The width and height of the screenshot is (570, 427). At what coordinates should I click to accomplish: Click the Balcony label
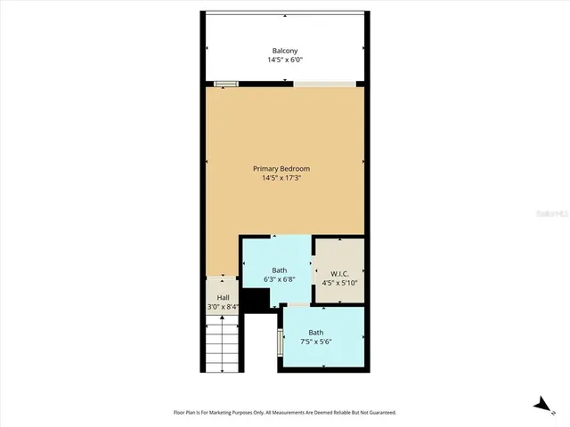tap(284, 51)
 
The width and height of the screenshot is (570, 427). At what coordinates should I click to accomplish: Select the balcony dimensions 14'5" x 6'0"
tap(284, 60)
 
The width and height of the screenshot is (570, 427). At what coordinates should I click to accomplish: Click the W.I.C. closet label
tap(338, 274)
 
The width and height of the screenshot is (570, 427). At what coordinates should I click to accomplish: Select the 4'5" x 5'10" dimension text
tap(338, 284)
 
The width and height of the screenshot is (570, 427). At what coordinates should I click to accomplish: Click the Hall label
tap(223, 298)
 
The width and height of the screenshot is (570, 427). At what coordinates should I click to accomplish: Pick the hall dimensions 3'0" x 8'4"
tap(223, 308)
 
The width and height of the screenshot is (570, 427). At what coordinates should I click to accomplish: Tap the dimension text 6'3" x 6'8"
tap(280, 279)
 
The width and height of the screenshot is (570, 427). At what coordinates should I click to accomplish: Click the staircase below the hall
tap(223, 347)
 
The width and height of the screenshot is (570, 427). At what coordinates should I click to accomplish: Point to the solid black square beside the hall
tap(256, 302)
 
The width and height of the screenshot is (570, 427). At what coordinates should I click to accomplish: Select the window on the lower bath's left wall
tap(281, 342)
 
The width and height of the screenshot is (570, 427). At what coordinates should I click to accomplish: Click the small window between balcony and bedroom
tap(226, 85)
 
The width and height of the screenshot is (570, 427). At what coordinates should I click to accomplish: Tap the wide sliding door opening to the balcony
tap(325, 85)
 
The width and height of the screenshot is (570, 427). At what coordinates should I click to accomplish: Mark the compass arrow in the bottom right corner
tap(542, 406)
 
